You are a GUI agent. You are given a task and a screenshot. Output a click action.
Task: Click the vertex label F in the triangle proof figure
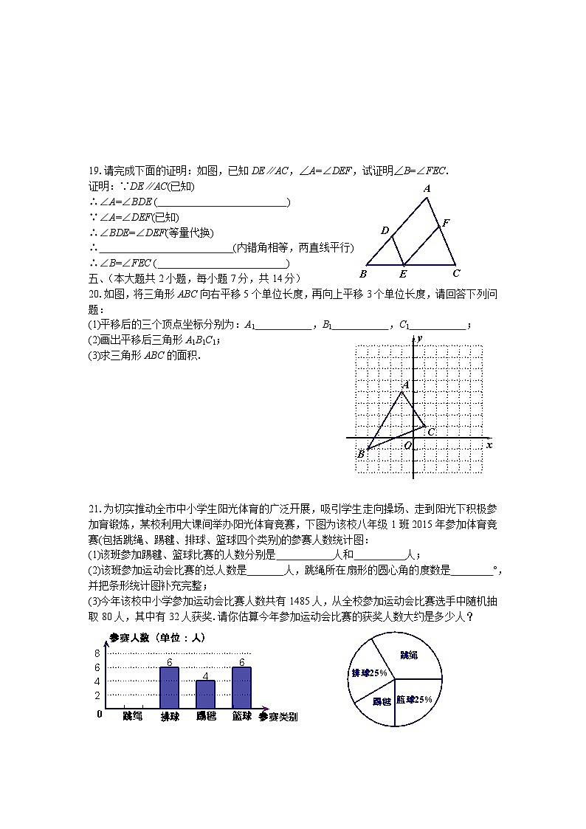tap(446, 221)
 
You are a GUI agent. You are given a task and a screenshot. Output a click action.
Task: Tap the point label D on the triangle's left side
tap(385, 231)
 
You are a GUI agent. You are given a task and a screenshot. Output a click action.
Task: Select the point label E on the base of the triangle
tap(403, 274)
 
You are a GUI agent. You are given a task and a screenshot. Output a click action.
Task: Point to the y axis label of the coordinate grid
tap(418, 338)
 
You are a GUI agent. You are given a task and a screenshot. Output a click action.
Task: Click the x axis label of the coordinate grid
tap(489, 445)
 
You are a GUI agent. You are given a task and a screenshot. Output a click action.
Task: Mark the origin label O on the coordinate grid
tap(407, 445)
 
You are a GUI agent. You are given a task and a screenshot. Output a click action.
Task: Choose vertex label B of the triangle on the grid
tap(360, 454)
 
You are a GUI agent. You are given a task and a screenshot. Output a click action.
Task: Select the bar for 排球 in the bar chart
tap(169, 687)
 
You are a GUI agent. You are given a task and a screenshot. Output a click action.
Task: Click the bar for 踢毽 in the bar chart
tap(205, 694)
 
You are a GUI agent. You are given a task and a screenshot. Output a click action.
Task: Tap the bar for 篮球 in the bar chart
tap(241, 687)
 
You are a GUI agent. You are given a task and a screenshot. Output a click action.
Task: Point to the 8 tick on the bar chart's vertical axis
tap(97, 653)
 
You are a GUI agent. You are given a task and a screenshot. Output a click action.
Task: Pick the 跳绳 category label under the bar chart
tap(133, 716)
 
